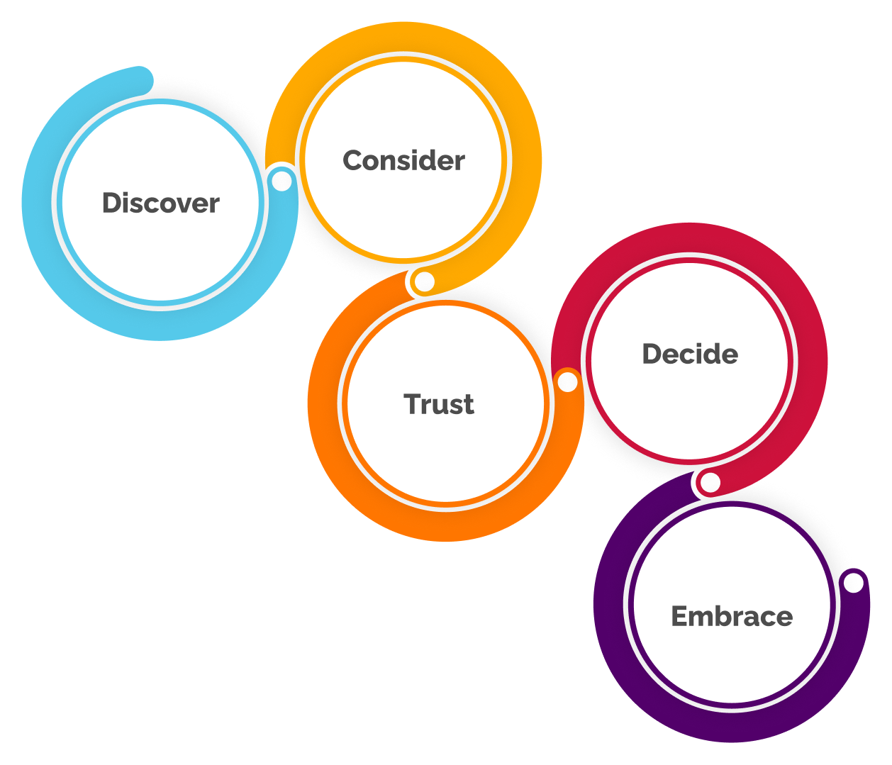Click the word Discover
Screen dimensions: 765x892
pyautogui.click(x=161, y=203)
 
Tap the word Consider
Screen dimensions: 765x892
pyautogui.click(x=403, y=160)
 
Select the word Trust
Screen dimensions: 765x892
pyautogui.click(x=439, y=404)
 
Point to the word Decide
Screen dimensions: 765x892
pyautogui.click(x=690, y=354)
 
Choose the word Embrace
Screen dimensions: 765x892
pyautogui.click(x=732, y=616)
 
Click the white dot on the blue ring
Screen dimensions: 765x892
pyautogui.click(x=282, y=182)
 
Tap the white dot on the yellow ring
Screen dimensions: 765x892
pyautogui.click(x=425, y=282)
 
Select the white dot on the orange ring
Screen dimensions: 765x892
pyautogui.click(x=567, y=382)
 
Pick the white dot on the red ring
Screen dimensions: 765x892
pyautogui.click(x=710, y=483)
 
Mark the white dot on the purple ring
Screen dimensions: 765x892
pyautogui.click(x=854, y=583)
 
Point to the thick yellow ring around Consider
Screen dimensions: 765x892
pyautogui.click(x=524, y=156)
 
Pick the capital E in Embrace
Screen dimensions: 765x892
pyautogui.click(x=680, y=616)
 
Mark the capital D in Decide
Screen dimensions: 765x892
pyautogui.click(x=652, y=354)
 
